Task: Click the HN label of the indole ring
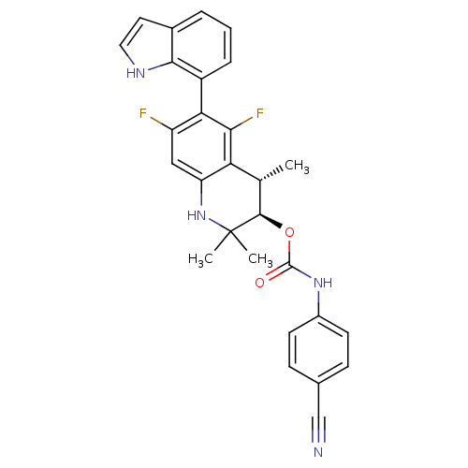pyautogui.click(x=136, y=73)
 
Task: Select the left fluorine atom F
pyautogui.click(x=143, y=113)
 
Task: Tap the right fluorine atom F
pyautogui.click(x=260, y=113)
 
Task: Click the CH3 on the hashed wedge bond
pyautogui.click(x=297, y=167)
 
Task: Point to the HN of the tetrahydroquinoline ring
pyautogui.click(x=197, y=215)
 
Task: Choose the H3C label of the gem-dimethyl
pyautogui.click(x=200, y=259)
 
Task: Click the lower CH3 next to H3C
pyautogui.click(x=260, y=259)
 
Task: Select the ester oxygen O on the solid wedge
pyautogui.click(x=289, y=232)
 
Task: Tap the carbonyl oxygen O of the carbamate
pyautogui.click(x=259, y=283)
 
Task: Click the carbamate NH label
pyautogui.click(x=323, y=283)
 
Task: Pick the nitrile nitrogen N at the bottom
pyautogui.click(x=318, y=452)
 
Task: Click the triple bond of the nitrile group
pyautogui.click(x=318, y=430)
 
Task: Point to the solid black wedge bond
pyautogui.click(x=271, y=221)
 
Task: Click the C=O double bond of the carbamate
pyautogui.click(x=278, y=272)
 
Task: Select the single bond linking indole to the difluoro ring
pyautogui.click(x=201, y=95)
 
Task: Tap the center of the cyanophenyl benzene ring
pyautogui.click(x=318, y=350)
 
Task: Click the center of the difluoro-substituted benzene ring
pyautogui.click(x=201, y=147)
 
